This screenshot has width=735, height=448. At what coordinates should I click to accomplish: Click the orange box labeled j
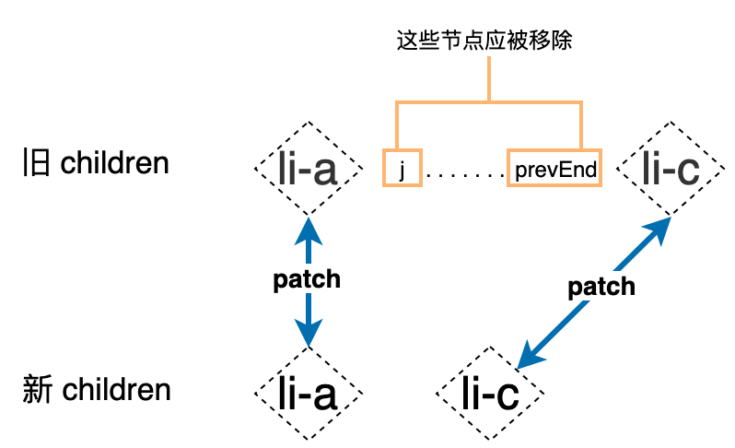pos(402,168)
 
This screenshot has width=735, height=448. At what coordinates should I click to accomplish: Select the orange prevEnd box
pos(554,168)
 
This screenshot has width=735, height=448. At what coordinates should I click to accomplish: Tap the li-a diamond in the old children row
pos(308,168)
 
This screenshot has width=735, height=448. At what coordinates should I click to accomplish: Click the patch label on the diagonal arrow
pos(601,287)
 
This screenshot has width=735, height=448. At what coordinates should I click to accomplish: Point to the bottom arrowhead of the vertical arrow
pos(308,336)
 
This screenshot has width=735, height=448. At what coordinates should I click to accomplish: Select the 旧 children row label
pos(96,164)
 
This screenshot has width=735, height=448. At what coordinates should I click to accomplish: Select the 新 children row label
pos(96,390)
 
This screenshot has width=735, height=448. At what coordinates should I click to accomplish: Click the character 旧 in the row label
pos(35,164)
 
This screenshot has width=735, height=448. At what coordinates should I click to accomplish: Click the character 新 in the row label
pos(35,390)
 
